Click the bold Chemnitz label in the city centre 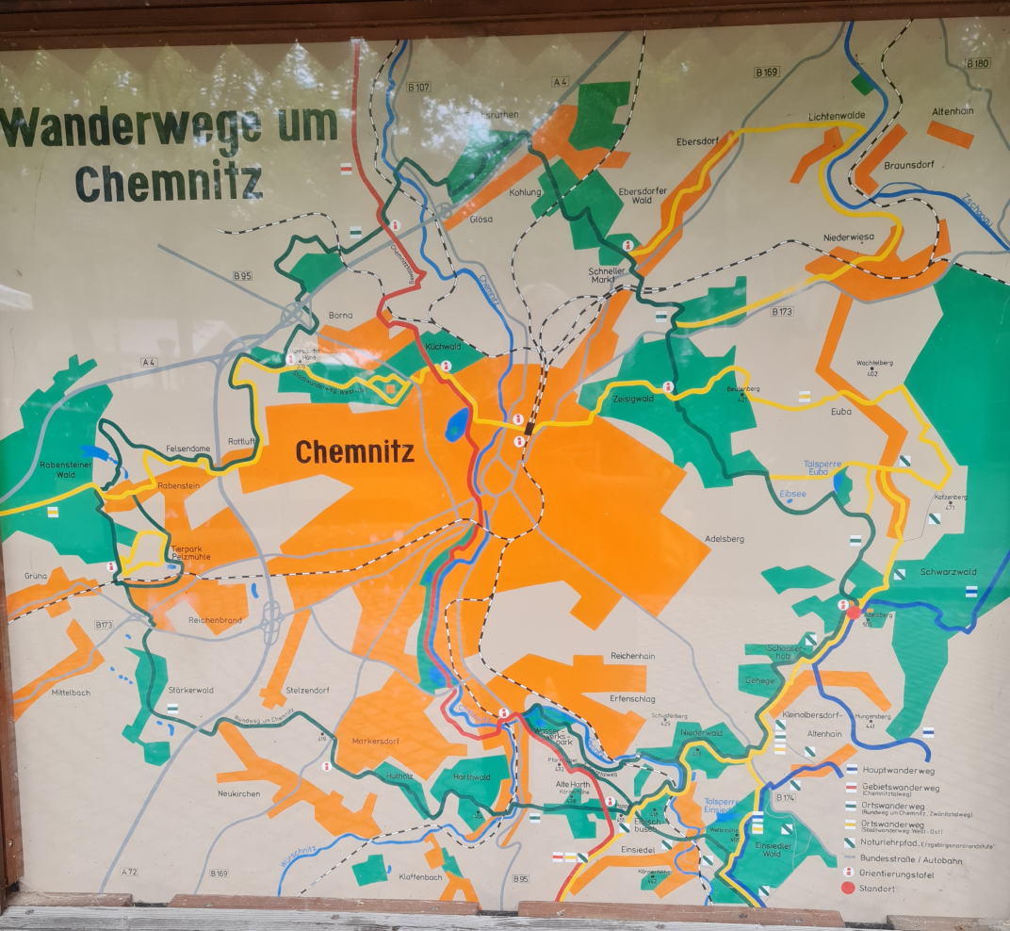click(x=355, y=452)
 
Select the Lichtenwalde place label click(x=836, y=116)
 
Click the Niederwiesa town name click(x=849, y=237)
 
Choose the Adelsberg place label click(x=724, y=539)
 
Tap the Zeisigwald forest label click(x=632, y=399)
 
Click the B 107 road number click(x=418, y=87)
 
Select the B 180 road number click(x=978, y=63)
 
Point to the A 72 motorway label click(x=129, y=872)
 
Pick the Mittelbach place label click(x=72, y=692)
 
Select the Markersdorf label click(x=376, y=741)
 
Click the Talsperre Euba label click(x=816, y=467)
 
